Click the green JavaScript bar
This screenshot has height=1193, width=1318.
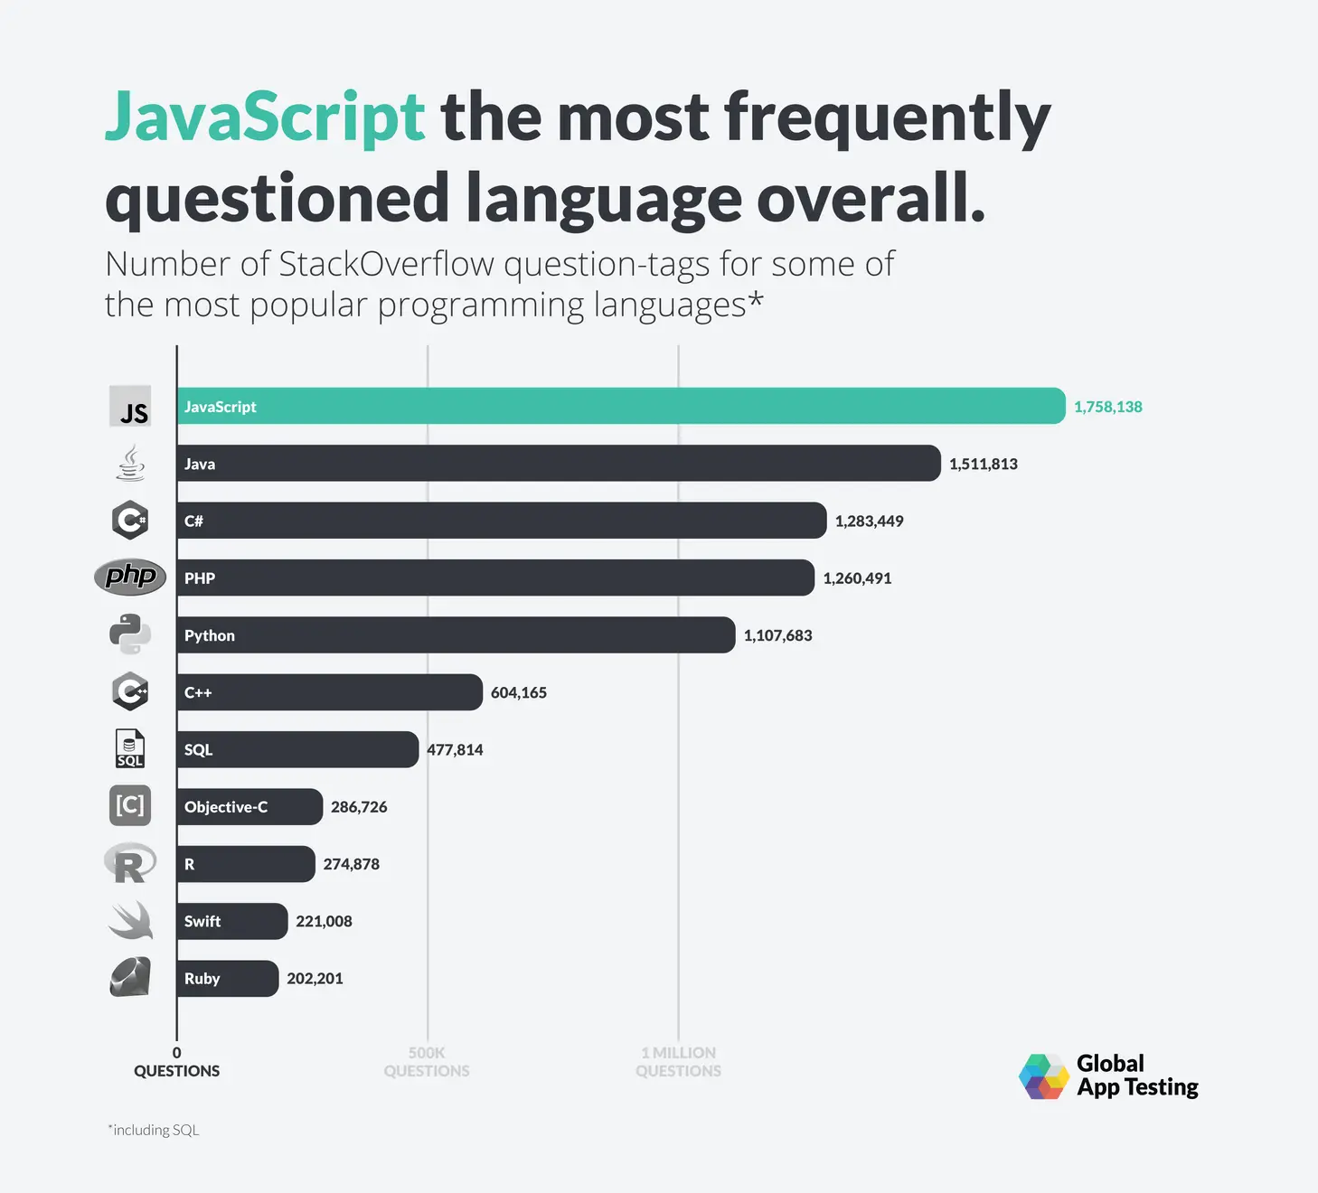point(620,406)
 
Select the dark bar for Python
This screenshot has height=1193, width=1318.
point(456,635)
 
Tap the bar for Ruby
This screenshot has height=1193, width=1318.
point(227,979)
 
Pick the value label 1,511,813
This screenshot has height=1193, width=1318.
point(983,464)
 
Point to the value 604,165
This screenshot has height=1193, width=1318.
point(518,692)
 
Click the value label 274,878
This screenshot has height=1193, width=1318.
point(351,864)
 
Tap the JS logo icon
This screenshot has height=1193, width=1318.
point(131,407)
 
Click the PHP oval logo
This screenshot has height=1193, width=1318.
point(130,577)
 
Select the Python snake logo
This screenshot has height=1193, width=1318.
point(130,634)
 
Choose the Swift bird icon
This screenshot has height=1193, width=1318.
point(130,920)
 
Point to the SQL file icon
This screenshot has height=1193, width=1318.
point(129,748)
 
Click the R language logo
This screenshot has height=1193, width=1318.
point(129,864)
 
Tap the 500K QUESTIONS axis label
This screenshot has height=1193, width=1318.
point(427,1062)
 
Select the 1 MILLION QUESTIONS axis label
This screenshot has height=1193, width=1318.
point(678,1062)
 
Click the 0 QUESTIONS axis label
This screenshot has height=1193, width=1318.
point(176,1062)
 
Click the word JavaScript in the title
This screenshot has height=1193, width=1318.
point(264,117)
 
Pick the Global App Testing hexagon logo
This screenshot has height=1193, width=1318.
point(1044,1076)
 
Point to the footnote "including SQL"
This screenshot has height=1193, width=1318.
point(154,1130)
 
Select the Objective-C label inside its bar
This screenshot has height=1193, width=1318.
point(226,807)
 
